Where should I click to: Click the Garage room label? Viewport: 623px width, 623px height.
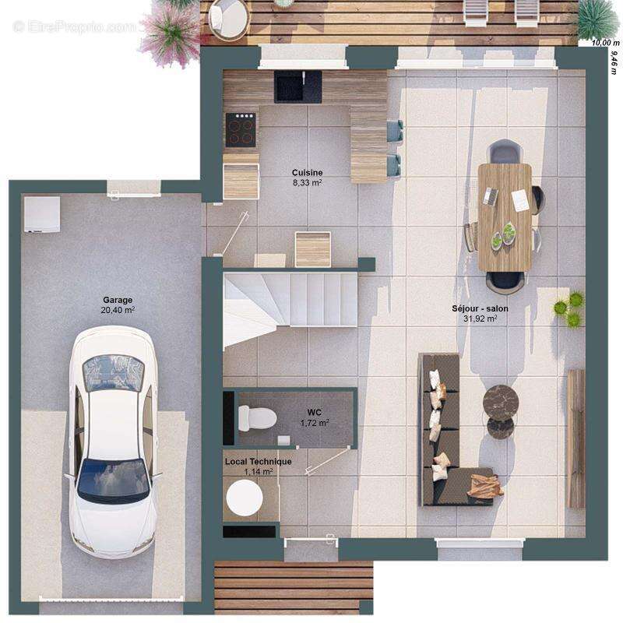click(118, 300)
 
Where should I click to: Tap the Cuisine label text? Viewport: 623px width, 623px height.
click(307, 173)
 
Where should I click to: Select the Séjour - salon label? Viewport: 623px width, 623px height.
click(480, 308)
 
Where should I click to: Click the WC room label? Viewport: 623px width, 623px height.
click(315, 413)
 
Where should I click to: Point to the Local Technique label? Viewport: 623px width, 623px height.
click(259, 462)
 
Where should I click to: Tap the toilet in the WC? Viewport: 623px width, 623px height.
click(257, 418)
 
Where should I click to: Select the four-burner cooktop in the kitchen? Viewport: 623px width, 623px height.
click(241, 130)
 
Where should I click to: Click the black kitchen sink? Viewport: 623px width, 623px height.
click(297, 86)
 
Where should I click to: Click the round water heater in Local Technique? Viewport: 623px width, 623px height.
click(244, 497)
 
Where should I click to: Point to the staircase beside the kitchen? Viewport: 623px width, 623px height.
click(290, 300)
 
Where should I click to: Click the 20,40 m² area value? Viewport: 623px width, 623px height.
click(118, 310)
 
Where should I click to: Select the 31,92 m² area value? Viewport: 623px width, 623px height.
click(480, 319)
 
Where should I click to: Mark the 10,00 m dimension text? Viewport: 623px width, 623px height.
click(600, 44)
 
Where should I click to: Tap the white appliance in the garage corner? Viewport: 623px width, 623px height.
click(41, 214)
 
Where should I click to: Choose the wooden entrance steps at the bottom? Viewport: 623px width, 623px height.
click(293, 587)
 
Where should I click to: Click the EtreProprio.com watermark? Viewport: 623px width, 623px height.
click(75, 26)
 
